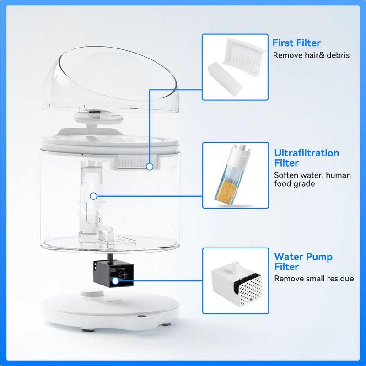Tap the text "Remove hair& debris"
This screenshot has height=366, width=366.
tap(311, 55)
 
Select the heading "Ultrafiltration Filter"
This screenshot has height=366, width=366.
tap(307, 158)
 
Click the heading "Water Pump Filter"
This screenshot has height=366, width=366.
tap(303, 262)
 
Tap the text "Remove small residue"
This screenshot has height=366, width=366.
tap(314, 278)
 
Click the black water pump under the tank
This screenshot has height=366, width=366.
tap(112, 274)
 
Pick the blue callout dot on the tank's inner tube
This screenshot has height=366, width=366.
tap(93, 196)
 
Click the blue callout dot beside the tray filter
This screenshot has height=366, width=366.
tap(150, 167)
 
